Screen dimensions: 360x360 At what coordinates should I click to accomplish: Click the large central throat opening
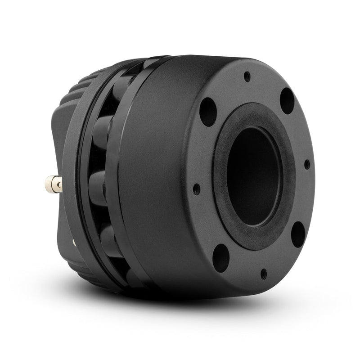coord(254,175)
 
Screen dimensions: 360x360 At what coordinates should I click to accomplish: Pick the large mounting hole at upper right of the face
coord(287,100)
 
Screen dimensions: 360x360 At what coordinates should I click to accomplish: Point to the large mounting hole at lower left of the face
coord(220,257)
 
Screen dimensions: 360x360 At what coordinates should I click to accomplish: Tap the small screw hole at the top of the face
coord(247,76)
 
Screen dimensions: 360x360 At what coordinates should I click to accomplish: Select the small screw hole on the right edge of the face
coord(307,164)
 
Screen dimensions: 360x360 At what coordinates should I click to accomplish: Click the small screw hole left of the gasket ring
coord(196,189)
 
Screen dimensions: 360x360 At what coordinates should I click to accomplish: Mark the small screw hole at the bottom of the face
coord(263,273)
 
